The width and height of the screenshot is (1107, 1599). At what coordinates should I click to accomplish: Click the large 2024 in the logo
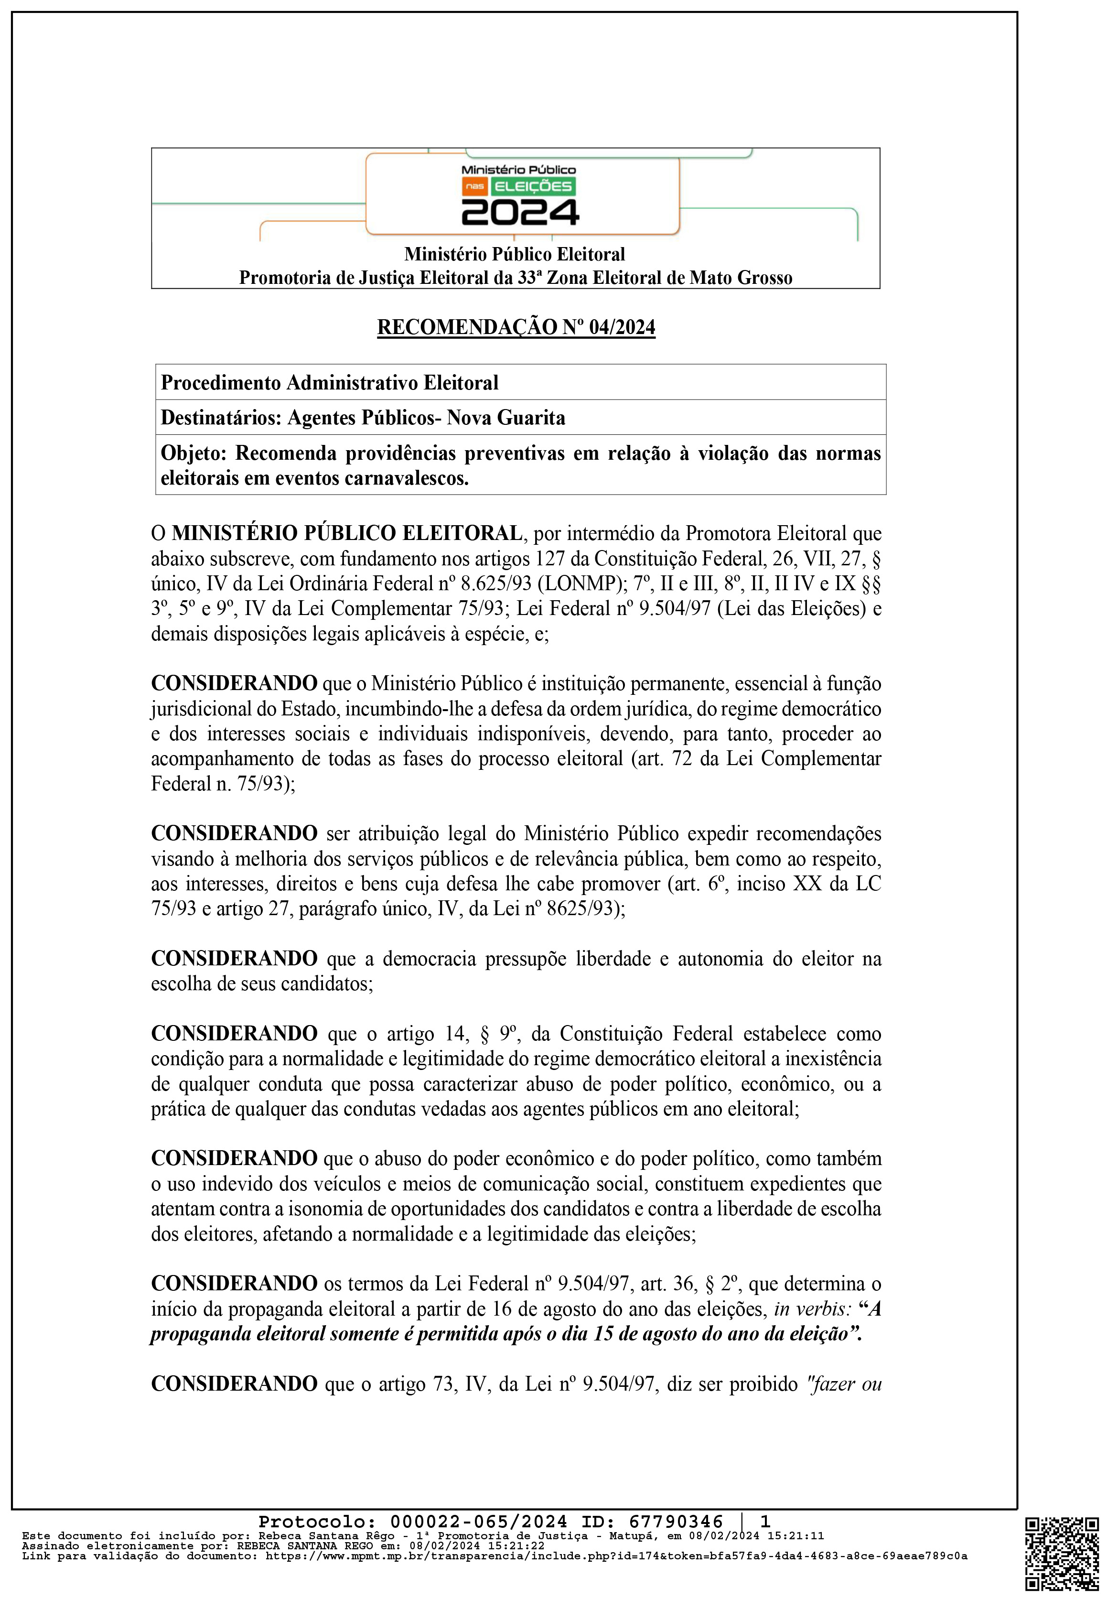520,212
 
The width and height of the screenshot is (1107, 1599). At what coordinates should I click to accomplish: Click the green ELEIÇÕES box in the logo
533,186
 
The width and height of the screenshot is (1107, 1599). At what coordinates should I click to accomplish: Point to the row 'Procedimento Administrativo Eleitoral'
330,382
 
